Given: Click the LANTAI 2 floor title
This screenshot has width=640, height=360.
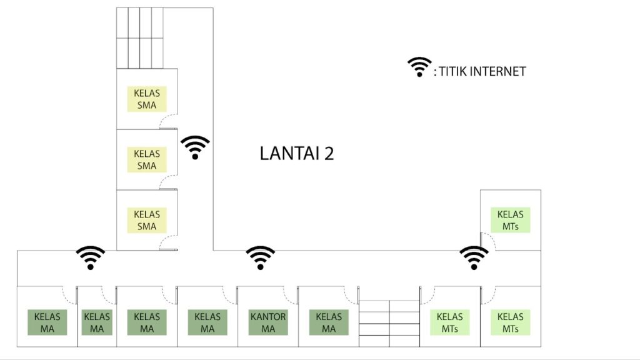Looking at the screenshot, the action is coord(297,154).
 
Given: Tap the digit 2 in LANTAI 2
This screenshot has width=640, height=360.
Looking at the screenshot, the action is coord(329,154).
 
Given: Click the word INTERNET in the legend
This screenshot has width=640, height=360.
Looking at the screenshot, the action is coord(498,71).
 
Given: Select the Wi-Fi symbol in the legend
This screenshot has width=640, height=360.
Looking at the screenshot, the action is coord(419,67).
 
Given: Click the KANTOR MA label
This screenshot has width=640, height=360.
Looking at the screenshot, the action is coord(268,322).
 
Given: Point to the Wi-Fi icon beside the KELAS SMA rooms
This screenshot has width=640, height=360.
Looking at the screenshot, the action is coord(195,147).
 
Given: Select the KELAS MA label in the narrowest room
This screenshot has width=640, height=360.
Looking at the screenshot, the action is coord(97,322).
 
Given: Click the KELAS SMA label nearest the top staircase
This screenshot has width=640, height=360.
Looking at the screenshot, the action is coord(147,99).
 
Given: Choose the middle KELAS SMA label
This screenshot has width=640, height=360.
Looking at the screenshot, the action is coord(147,159).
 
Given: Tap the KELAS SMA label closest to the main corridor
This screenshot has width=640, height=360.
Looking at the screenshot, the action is coord(147,220).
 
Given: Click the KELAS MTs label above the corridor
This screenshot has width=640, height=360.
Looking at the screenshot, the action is coord(510,220).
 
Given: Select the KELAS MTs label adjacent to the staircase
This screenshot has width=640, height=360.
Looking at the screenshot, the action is coord(450,322).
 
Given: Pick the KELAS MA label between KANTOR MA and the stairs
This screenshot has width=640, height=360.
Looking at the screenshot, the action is coord(329,322).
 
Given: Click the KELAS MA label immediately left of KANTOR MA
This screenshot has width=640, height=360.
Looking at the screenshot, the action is coord(207,322).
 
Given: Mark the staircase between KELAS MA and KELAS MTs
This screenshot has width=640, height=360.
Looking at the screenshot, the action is coord(389,323).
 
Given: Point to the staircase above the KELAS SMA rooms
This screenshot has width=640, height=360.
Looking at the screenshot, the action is coord(140,38).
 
